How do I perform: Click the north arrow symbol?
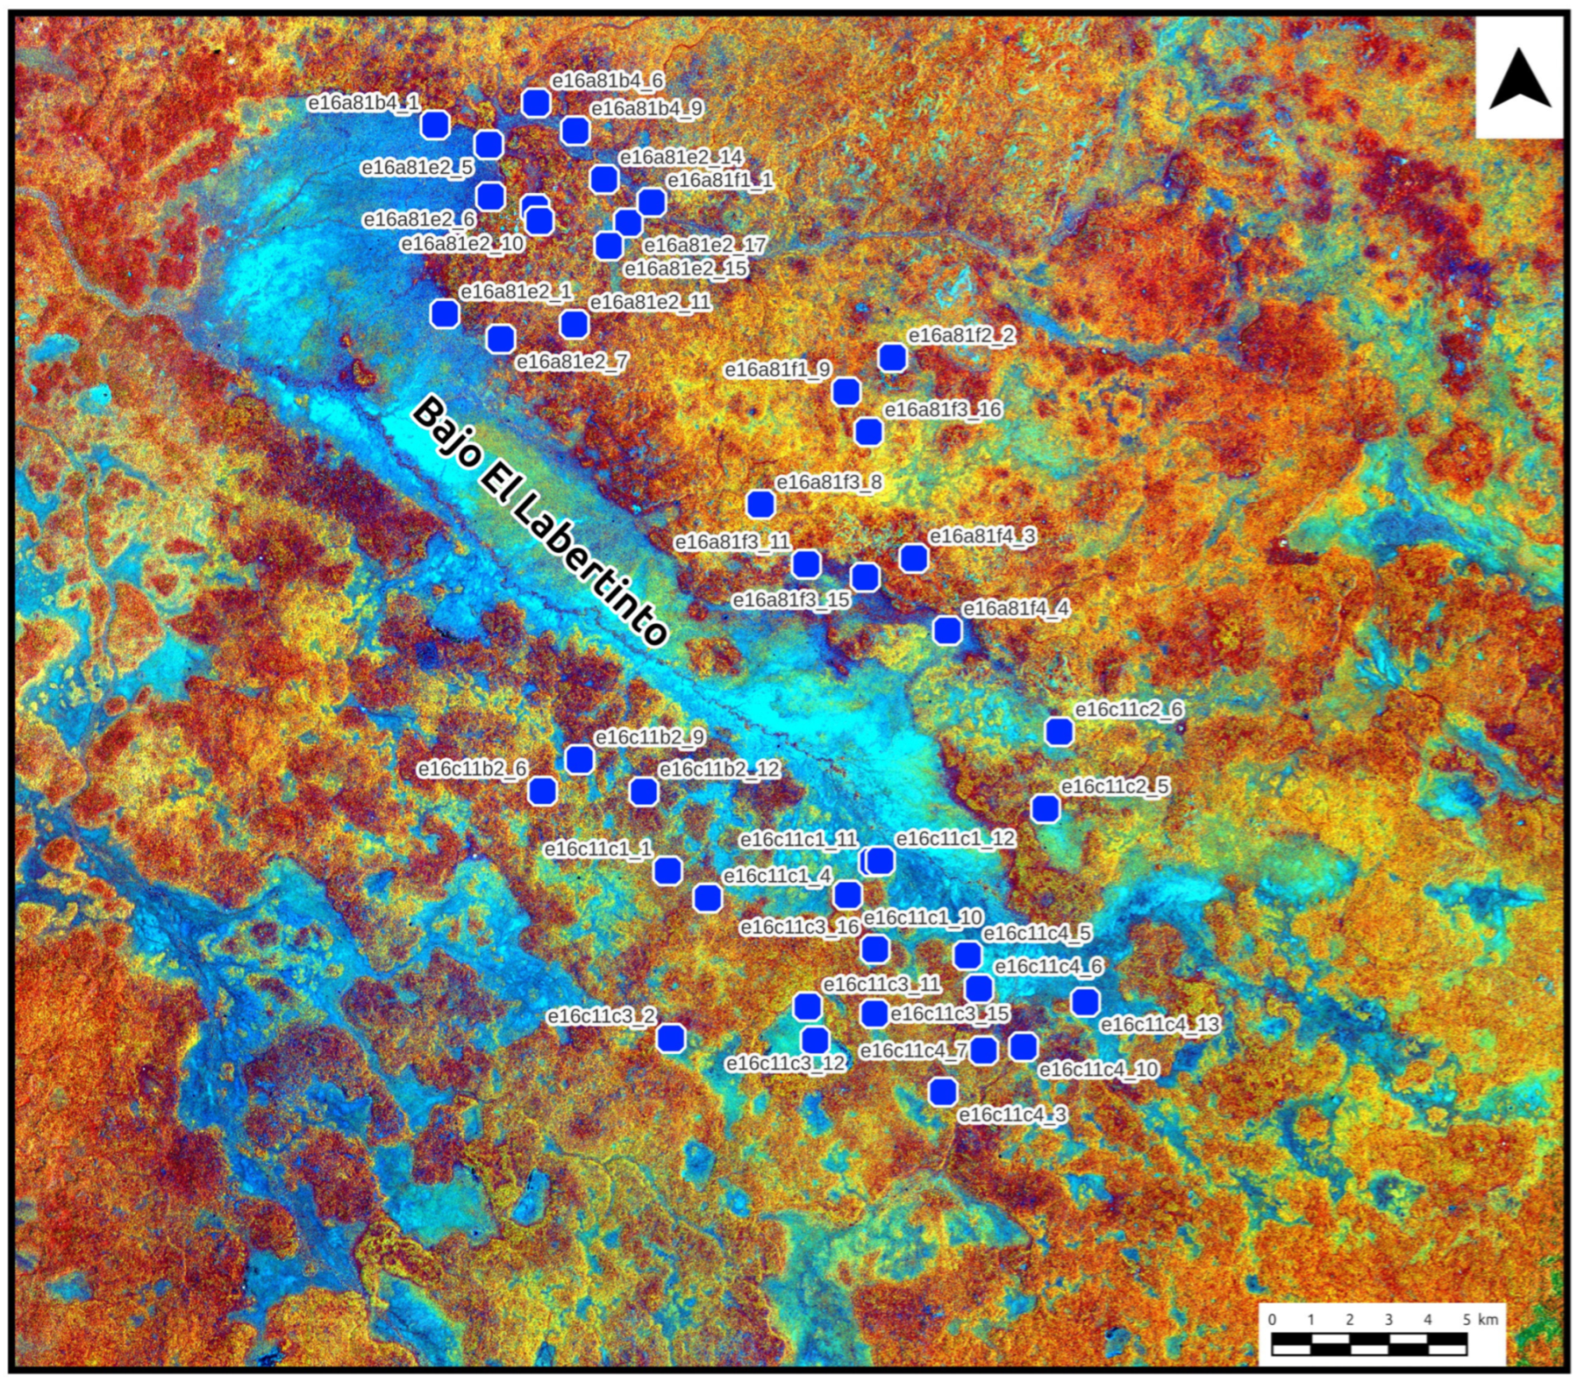pos(1519,79)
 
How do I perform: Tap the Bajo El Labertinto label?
pos(539,520)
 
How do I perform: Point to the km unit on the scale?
pos(1487,1319)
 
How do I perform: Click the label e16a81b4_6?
pos(607,80)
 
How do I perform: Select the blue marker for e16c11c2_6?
pos(1058,732)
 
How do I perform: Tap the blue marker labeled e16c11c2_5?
pos(1045,809)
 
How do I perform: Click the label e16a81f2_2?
pos(961,335)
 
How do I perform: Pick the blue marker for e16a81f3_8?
pos(760,504)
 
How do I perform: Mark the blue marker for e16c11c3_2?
pos(671,1038)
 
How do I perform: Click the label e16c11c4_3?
pos(1012,1115)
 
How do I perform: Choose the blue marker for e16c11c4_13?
pos(1084,1002)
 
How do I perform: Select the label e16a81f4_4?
pos(1015,608)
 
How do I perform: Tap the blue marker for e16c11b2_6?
pos(543,791)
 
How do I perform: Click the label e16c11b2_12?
pos(719,769)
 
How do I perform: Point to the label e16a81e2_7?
pos(572,362)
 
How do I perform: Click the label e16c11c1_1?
pos(597,848)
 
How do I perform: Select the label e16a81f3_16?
pos(943,409)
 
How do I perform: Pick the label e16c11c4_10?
pos(1098,1069)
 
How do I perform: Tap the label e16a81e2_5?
pos(417,168)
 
